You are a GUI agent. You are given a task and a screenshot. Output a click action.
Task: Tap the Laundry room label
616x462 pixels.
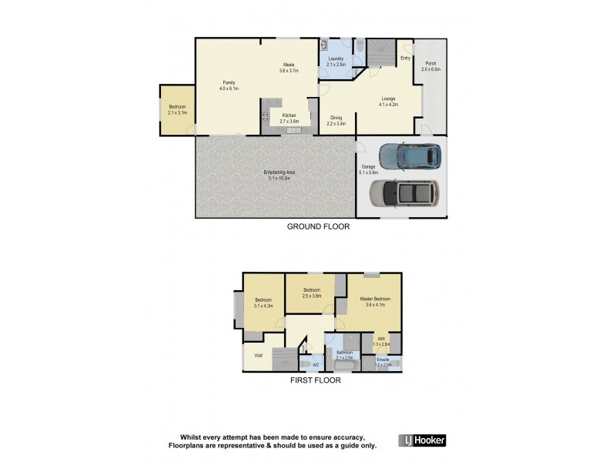(335, 59)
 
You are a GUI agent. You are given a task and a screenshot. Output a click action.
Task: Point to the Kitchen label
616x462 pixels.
(289, 115)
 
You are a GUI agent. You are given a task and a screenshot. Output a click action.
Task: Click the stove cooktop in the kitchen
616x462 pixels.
(266, 118)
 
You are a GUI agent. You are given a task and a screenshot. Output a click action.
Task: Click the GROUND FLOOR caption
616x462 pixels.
(318, 226)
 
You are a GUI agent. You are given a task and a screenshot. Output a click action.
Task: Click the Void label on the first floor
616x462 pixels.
(258, 356)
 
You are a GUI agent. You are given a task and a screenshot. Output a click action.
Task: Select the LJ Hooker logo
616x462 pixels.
(422, 440)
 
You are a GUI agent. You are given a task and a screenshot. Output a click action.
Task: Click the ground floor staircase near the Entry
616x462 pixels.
(378, 55)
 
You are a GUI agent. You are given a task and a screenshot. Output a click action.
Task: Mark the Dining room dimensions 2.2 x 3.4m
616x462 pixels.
(336, 123)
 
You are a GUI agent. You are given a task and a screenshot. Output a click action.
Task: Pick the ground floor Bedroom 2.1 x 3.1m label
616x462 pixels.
(176, 109)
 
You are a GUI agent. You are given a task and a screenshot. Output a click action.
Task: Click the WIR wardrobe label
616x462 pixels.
(381, 339)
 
